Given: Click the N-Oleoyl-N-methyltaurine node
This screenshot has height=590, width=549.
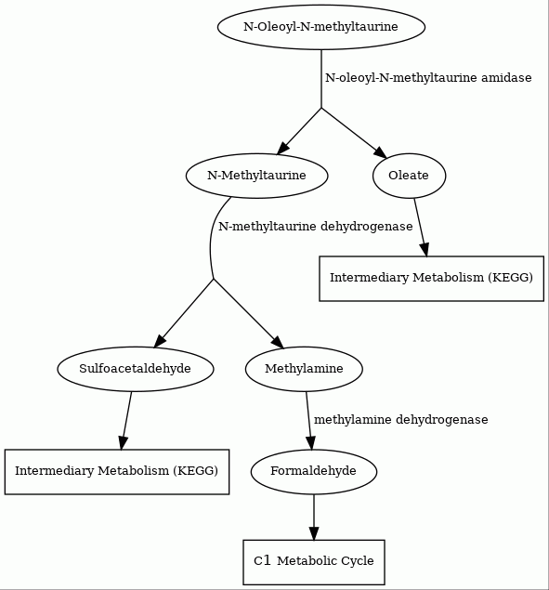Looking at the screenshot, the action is point(321,27).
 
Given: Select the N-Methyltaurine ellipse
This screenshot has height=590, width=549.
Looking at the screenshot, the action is point(256,176).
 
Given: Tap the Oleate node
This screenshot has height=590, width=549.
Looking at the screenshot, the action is point(409,176).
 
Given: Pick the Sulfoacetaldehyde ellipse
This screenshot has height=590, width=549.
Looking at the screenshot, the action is point(136,369).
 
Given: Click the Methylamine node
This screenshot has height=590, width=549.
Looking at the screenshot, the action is point(304,369).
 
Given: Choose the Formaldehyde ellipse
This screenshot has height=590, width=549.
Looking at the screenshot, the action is point(313,471).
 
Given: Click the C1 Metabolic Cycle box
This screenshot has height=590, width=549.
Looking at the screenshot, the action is point(314,562).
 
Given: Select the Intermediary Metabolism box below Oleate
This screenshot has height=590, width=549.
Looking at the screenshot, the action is point(432,279).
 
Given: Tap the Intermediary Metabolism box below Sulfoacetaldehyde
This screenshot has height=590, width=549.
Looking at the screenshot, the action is point(117,471).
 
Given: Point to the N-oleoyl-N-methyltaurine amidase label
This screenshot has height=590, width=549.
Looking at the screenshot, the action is point(428,78).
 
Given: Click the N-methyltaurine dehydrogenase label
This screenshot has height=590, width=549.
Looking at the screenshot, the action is point(315,227).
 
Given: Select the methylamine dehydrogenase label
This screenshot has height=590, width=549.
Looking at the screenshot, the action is point(400,420).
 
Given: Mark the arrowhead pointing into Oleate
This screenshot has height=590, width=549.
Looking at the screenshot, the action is point(380,151).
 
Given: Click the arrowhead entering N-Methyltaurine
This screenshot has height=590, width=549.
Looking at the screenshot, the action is point(283,149).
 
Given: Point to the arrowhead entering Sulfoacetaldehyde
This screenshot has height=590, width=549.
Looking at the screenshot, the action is point(160,340).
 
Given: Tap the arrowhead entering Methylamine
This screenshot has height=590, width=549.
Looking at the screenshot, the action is point(278,342).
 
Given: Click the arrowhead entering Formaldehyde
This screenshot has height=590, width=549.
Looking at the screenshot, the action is point(311,442).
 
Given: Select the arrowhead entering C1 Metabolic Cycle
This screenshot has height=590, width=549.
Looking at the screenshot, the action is point(314,533).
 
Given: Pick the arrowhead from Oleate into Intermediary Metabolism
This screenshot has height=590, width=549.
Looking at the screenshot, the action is point(425,250).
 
